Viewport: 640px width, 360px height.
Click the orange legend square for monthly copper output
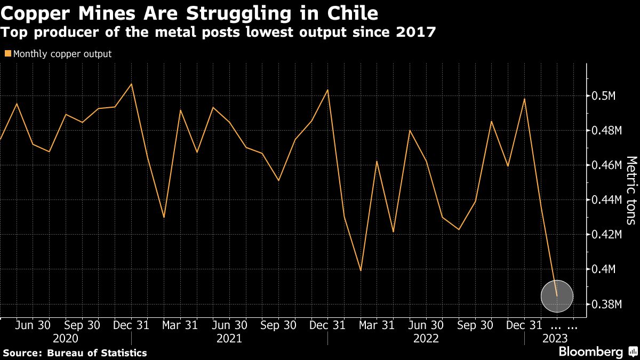click(x=7, y=54)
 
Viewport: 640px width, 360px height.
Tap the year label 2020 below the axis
click(x=66, y=339)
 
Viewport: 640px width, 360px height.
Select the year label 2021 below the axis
click(x=230, y=339)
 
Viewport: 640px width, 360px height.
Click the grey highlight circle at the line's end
click(x=557, y=296)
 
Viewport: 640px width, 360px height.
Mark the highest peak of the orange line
click(x=131, y=84)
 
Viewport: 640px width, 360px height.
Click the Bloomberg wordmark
click(x=590, y=352)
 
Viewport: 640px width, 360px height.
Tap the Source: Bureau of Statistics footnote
click(x=75, y=353)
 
